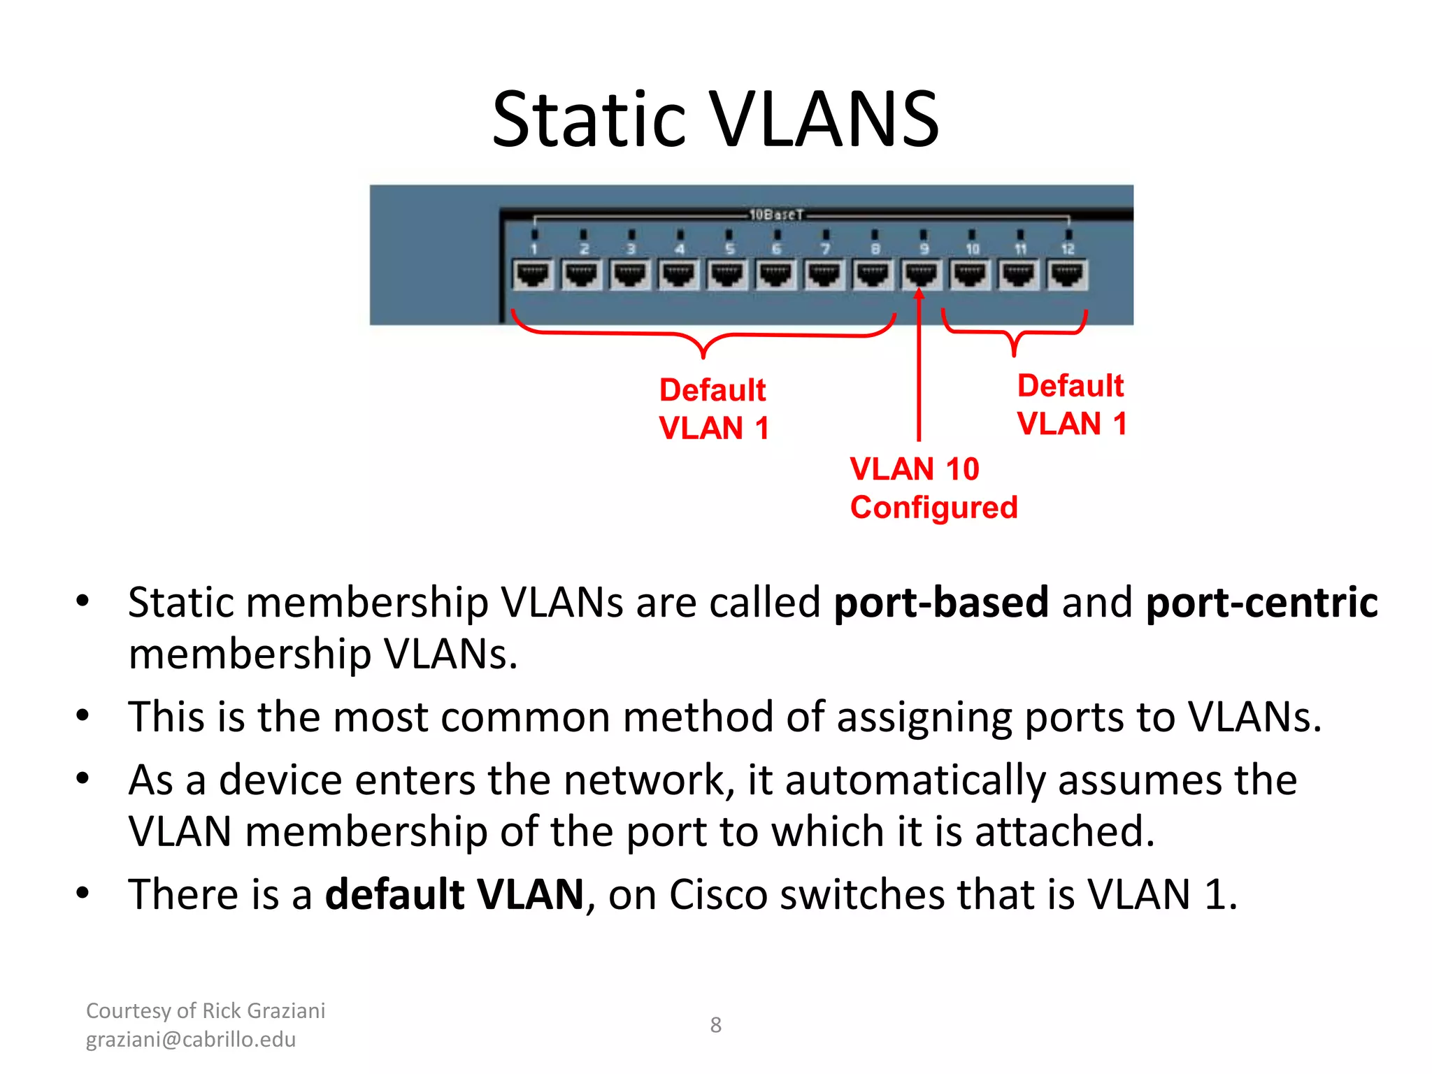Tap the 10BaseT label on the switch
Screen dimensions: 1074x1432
click(x=776, y=215)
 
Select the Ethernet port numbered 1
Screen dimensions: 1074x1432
click(x=534, y=275)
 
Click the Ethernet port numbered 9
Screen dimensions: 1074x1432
click(x=922, y=275)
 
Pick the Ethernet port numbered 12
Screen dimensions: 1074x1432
click(x=1067, y=275)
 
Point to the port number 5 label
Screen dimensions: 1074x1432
click(x=729, y=249)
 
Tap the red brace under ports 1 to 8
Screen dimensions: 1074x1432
click(x=703, y=336)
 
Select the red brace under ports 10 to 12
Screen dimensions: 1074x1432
click(x=1014, y=333)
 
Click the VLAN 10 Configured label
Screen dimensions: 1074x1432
click(x=933, y=488)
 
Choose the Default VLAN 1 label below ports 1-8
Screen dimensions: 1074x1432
click(x=713, y=409)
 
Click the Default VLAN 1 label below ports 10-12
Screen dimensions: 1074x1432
click(x=1071, y=405)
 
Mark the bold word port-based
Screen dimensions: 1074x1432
click(x=941, y=603)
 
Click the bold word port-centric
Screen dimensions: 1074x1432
click(x=1261, y=603)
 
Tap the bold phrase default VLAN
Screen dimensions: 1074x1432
click(x=454, y=894)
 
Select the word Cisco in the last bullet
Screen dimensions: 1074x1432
click(x=717, y=894)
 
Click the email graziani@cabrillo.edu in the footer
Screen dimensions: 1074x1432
click(x=191, y=1040)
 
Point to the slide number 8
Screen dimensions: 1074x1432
click(x=715, y=1025)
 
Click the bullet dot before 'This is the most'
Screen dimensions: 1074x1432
click(x=83, y=715)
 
